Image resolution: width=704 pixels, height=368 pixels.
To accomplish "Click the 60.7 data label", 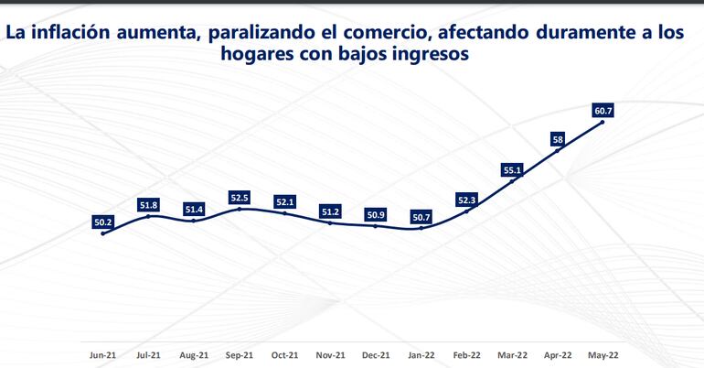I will (603, 112).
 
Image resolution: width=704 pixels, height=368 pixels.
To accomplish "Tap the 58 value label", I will (558, 139).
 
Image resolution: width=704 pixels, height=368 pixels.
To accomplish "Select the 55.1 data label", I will (512, 170).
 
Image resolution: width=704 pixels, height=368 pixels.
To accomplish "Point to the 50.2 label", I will (102, 222).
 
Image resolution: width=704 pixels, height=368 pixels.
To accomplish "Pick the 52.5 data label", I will (240, 198).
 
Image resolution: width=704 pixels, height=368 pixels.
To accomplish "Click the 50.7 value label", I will (421, 217).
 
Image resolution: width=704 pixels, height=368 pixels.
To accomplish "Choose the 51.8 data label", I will (148, 205).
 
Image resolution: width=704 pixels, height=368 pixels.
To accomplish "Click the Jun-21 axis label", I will (102, 353).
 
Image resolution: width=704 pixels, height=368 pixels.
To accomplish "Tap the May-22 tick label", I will (603, 353).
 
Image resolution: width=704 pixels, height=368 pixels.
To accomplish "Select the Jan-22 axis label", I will (421, 353).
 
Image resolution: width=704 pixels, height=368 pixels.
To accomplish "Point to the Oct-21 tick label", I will (284, 353).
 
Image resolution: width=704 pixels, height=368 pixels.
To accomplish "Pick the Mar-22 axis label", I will (512, 353).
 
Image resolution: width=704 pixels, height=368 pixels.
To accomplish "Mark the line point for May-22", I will (603, 123).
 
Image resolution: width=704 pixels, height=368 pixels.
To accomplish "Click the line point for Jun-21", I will (102, 233).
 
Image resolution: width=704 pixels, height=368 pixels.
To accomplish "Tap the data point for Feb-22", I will (467, 211).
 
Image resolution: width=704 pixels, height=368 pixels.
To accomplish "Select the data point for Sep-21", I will (240, 209).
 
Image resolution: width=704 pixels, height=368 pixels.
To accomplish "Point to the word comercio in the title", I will (387, 33).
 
